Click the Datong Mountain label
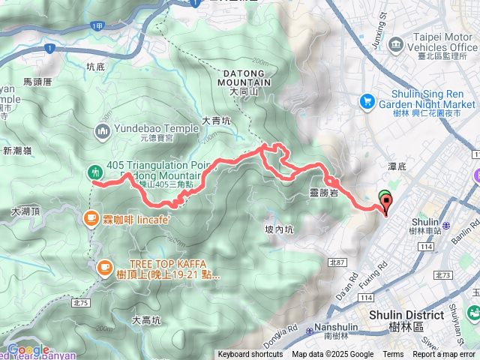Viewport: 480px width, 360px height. (x=245, y=75)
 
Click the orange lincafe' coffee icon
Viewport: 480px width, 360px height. (x=91, y=218)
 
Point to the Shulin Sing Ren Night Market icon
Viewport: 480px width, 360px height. (x=367, y=100)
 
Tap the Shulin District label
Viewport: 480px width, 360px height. (x=406, y=316)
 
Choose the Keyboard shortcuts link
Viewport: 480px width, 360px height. (x=250, y=355)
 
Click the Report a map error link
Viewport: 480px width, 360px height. (x=445, y=355)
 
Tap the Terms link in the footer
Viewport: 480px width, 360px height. (x=393, y=355)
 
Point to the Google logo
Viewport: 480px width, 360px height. (x=28, y=349)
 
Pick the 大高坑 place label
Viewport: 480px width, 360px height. (x=146, y=320)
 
